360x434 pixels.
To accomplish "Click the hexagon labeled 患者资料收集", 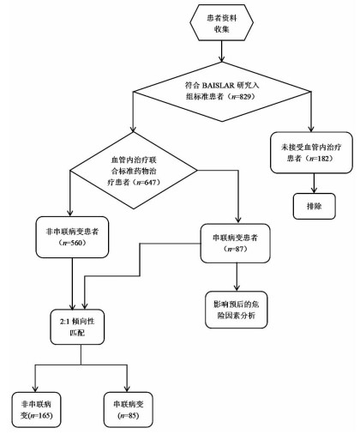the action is point(222,23).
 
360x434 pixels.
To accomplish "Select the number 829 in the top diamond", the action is point(245,97).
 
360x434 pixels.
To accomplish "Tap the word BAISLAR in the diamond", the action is point(218,85).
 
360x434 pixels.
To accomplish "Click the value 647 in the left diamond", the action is point(151,182).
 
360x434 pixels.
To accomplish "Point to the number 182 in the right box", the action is point(323,159).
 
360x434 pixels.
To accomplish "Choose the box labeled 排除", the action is point(314,206).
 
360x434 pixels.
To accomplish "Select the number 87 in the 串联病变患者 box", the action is point(239,249).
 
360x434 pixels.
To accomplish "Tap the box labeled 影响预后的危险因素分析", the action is point(237,310).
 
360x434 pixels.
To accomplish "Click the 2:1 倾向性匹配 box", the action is point(77,327).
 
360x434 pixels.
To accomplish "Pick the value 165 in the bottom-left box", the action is point(45,415).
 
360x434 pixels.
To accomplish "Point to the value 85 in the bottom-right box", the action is point(133,415).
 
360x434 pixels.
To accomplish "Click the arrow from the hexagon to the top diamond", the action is point(222,51).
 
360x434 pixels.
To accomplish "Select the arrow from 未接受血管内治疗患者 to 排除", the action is point(315,184).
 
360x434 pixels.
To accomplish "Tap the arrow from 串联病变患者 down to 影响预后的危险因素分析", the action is point(237,277).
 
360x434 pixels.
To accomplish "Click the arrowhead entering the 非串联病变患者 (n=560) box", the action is point(70,213).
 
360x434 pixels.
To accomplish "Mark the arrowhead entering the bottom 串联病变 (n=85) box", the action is point(127,389).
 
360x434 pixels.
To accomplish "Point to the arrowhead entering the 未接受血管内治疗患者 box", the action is point(311,129).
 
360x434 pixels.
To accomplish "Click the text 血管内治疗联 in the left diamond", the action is point(134,160).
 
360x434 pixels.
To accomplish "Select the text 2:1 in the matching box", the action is point(64,322).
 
